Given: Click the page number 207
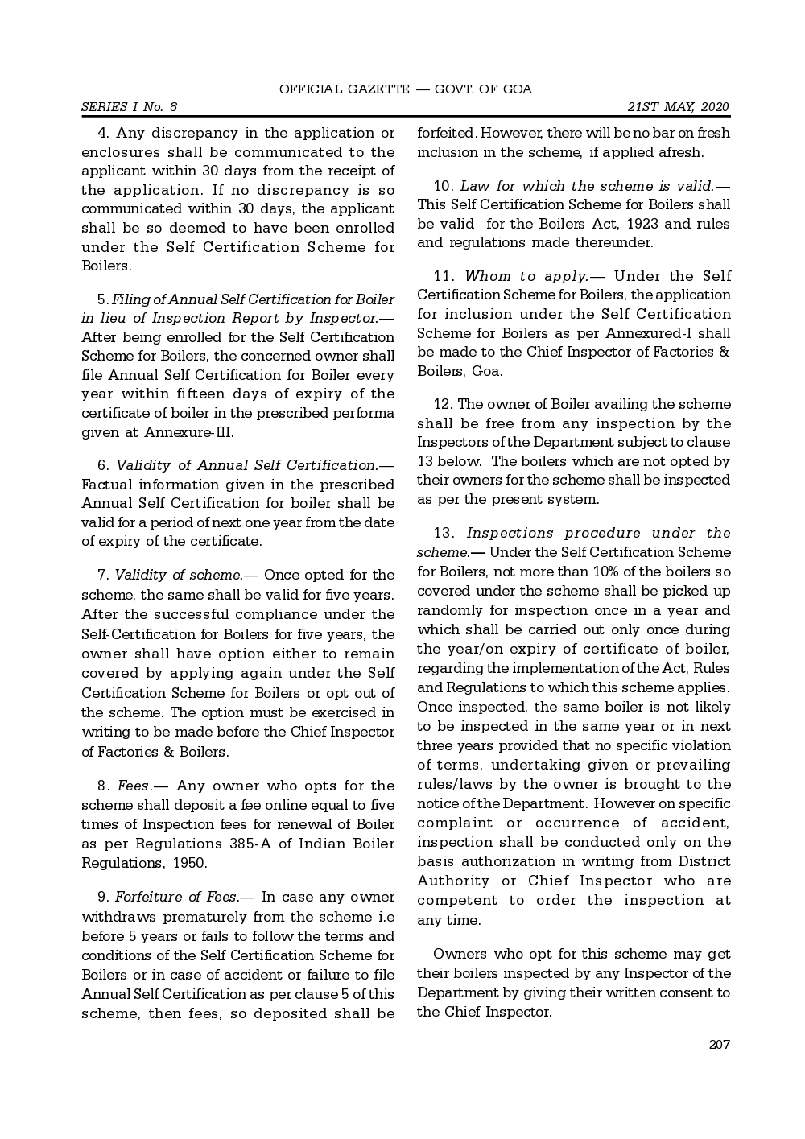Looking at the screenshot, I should click(x=719, y=1045).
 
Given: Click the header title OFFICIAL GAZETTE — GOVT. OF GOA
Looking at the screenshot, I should click(x=406, y=89).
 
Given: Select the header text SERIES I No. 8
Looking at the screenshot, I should click(x=129, y=107).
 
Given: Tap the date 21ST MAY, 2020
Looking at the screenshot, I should click(x=678, y=107).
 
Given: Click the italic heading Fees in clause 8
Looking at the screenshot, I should click(x=133, y=786).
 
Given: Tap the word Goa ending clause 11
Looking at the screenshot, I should click(x=486, y=371).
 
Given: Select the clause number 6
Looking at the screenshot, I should click(x=104, y=465).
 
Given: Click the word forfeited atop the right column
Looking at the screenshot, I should click(x=446, y=133).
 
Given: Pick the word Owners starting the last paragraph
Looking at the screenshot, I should click(x=460, y=954).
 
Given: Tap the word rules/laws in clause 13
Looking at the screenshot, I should click(x=453, y=784).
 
